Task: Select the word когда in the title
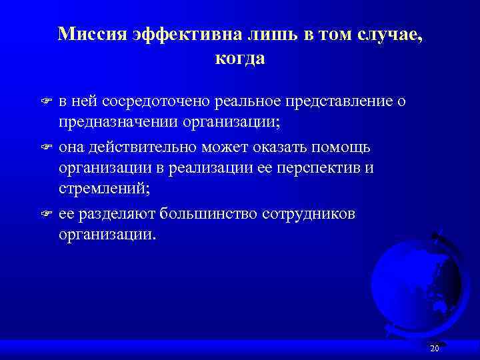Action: pyautogui.click(x=240, y=59)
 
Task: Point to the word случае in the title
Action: pyautogui.click(x=389, y=34)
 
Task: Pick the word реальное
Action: pyautogui.click(x=248, y=101)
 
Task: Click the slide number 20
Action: pyautogui.click(x=435, y=349)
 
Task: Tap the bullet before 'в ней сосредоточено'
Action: pyautogui.click(x=45, y=102)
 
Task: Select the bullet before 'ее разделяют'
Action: pyautogui.click(x=45, y=213)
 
